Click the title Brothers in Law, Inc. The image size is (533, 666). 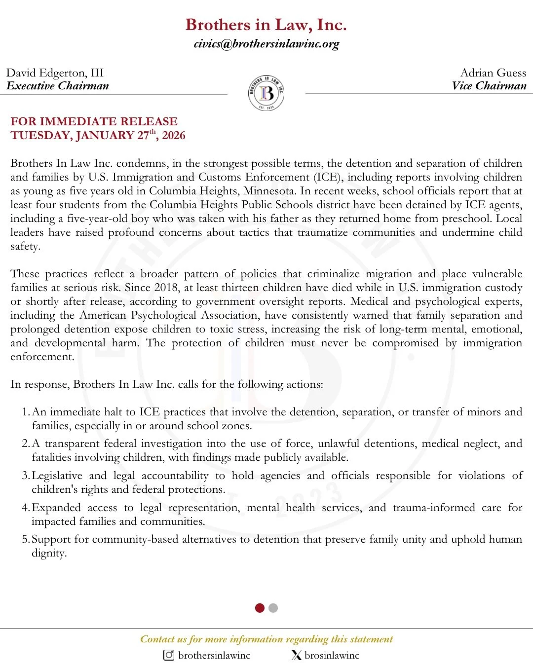266,25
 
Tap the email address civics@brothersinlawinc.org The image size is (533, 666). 266,44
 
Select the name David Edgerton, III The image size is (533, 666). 55,73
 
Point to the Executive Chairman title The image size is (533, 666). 58,86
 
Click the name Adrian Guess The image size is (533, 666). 493,73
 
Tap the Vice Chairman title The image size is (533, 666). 489,86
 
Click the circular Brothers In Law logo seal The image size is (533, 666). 266,93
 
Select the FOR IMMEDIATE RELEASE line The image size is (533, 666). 94,121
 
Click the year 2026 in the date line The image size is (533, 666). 174,136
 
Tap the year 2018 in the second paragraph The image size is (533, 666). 166,288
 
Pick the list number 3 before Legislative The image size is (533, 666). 25,476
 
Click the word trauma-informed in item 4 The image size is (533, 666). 434,508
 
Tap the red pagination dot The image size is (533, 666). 260,608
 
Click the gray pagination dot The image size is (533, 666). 273,608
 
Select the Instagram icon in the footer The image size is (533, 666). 169,655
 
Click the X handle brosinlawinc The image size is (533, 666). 332,655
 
